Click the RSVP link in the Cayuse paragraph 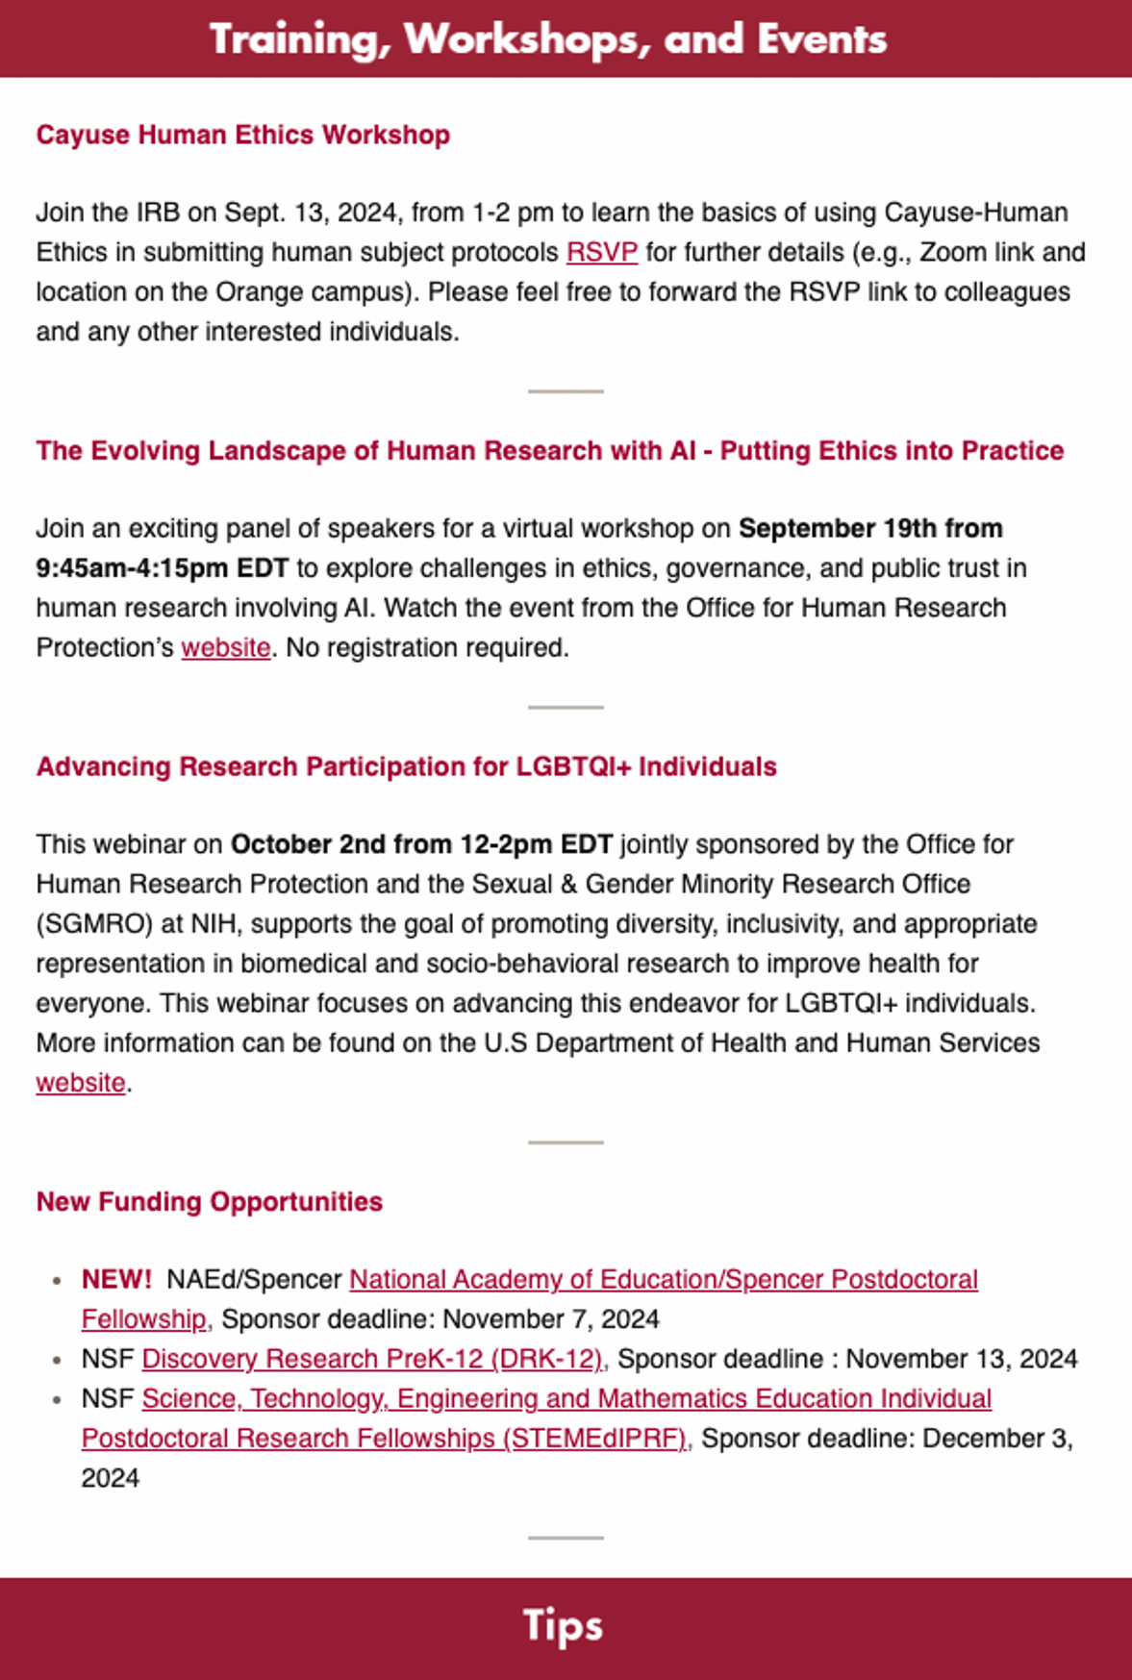tap(602, 252)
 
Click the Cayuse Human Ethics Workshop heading tap(242, 135)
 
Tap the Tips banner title tap(564, 1625)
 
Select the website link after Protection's tap(226, 648)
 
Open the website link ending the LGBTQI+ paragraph tap(81, 1083)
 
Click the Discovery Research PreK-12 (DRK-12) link tap(372, 1359)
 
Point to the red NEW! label tap(116, 1279)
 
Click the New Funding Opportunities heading tap(209, 1202)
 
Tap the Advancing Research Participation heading tap(406, 766)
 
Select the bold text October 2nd tap(308, 844)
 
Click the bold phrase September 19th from tap(870, 529)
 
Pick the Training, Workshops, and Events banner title tap(548, 39)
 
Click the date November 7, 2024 tap(550, 1319)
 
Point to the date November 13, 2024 tap(961, 1359)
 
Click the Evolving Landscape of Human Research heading tap(549, 451)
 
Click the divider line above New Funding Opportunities tap(566, 1142)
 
